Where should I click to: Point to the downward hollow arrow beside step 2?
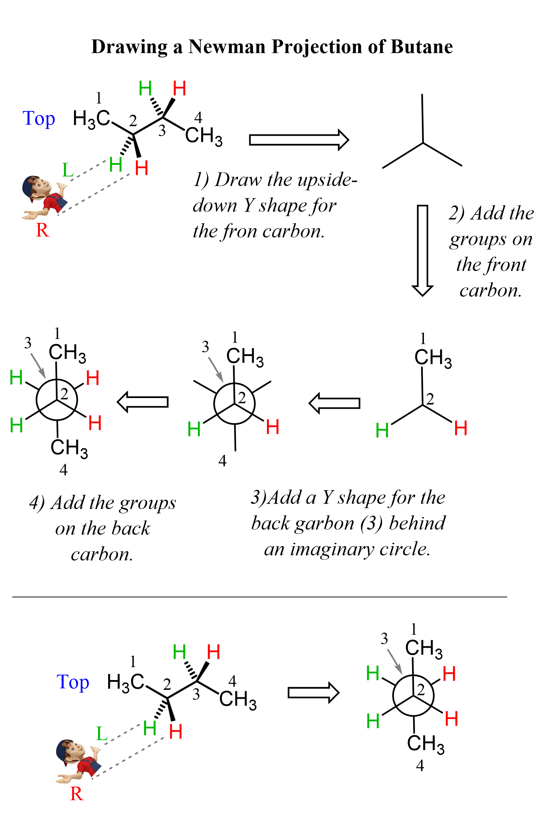(422, 250)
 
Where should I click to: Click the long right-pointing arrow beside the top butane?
(299, 140)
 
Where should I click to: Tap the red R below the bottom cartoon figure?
(77, 794)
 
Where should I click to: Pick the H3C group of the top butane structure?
(91, 119)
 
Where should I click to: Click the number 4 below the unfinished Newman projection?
(222, 461)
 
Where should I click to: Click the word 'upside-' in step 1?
(330, 180)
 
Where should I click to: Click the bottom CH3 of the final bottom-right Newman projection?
(426, 744)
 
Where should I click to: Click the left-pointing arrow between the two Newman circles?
(143, 402)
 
